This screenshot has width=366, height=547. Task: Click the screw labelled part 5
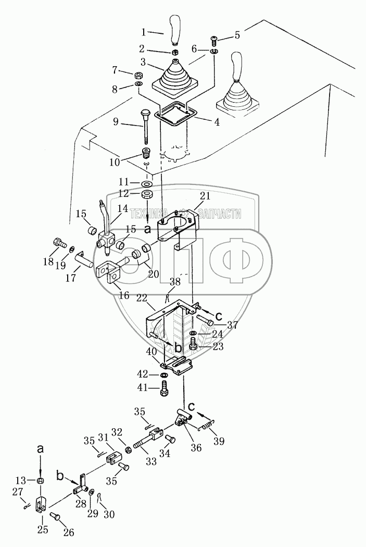[x=214, y=39]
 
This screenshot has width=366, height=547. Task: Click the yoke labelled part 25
[x=41, y=505]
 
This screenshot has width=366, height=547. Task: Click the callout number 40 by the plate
[x=152, y=352]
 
